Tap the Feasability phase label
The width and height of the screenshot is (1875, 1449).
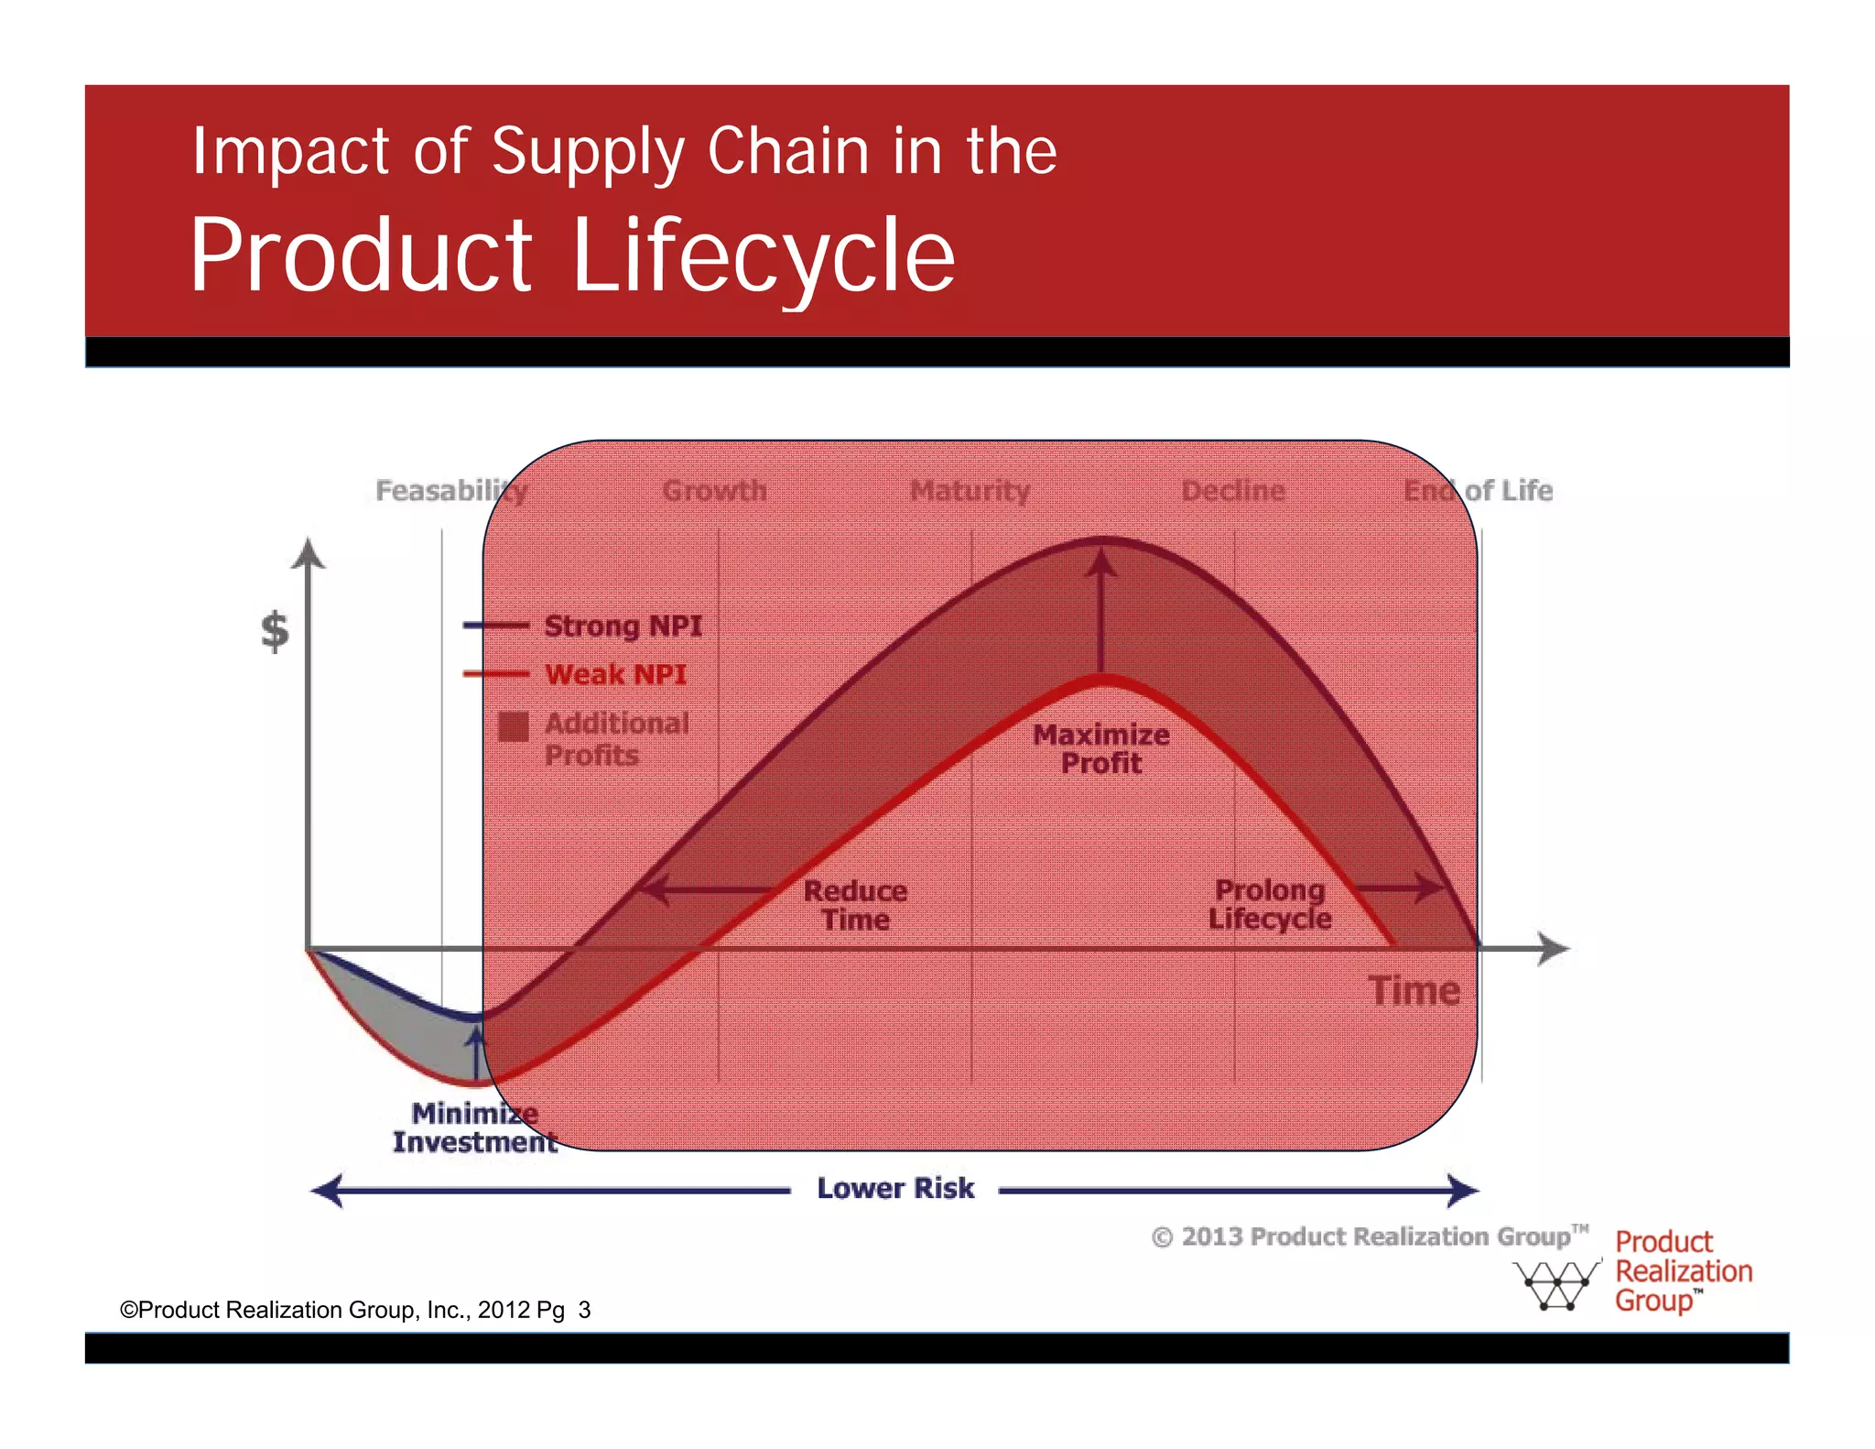(x=452, y=491)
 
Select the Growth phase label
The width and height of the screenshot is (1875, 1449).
(x=715, y=491)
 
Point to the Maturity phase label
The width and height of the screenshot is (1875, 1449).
(x=970, y=491)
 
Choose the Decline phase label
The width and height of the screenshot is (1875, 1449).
(x=1233, y=491)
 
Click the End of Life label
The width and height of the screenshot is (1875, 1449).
(x=1478, y=491)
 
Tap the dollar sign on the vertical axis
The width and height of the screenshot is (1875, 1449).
(x=275, y=631)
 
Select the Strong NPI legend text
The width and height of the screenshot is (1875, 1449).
(x=623, y=626)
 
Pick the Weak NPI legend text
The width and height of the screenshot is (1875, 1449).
(x=615, y=675)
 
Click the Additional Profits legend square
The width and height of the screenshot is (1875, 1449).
(x=514, y=726)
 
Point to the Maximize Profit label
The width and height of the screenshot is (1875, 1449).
(x=1101, y=748)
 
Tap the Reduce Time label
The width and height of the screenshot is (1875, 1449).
(x=855, y=905)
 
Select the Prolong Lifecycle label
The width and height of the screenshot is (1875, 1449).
(x=1270, y=904)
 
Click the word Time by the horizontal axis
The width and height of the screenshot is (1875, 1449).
(x=1414, y=991)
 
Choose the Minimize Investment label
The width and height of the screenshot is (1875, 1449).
(x=474, y=1128)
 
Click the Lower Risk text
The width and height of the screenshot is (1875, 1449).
(x=895, y=1188)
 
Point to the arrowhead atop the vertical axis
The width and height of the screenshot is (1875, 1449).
(x=309, y=552)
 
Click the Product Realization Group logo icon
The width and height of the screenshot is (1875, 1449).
(x=1555, y=1284)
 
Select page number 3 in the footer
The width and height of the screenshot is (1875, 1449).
(x=584, y=1310)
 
